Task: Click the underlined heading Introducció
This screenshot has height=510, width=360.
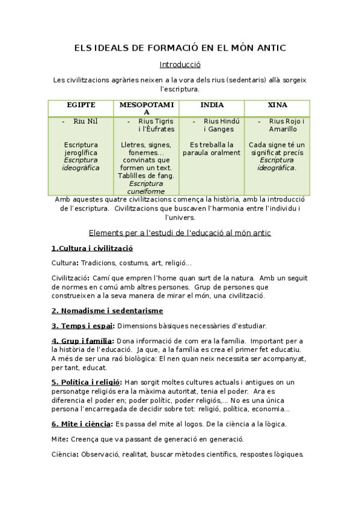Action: pos(180,64)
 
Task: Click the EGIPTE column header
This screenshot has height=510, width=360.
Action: pos(81,105)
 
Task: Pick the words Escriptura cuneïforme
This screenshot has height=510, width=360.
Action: pos(146,187)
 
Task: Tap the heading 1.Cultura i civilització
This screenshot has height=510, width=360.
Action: pos(92,248)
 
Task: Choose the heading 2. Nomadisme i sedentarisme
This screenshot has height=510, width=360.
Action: pos(107,310)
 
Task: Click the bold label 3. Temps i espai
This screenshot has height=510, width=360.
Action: pos(82,326)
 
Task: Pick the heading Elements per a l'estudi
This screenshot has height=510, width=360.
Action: pos(180,232)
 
